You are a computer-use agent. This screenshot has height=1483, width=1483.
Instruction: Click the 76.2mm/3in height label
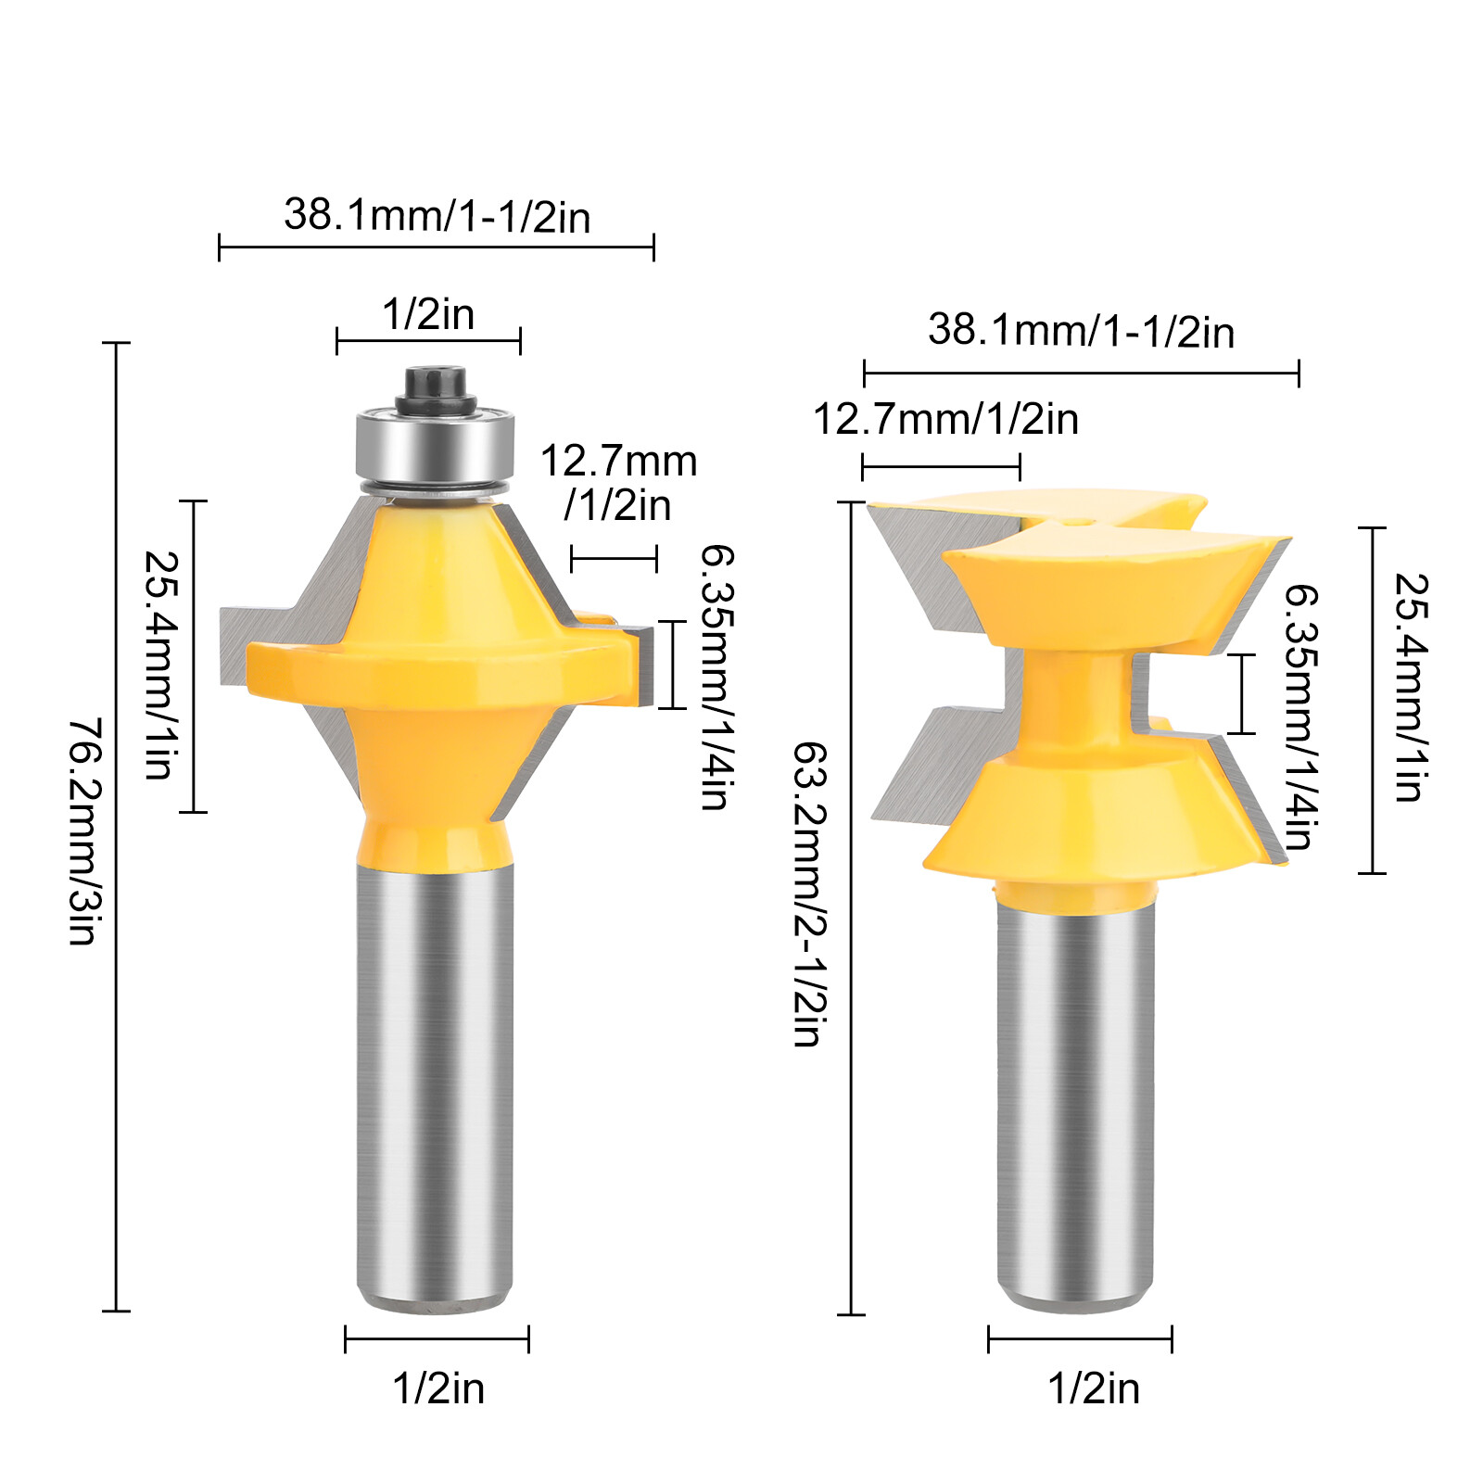click(82, 830)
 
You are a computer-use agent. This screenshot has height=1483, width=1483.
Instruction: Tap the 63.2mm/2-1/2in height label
click(807, 894)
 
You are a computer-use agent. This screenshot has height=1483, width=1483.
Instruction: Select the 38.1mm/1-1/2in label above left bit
click(437, 215)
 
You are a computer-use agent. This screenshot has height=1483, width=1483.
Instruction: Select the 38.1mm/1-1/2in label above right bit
click(1081, 331)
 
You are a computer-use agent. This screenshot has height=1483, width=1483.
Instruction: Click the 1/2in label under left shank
click(437, 1388)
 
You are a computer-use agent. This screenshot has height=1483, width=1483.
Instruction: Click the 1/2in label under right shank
click(1093, 1388)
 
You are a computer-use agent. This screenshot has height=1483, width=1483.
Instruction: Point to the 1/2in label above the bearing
click(428, 314)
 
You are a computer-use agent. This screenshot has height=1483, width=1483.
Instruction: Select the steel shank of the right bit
click(1075, 1094)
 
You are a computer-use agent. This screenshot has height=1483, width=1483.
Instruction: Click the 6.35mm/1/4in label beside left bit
click(716, 677)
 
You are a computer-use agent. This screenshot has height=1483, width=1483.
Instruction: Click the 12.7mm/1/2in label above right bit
click(945, 419)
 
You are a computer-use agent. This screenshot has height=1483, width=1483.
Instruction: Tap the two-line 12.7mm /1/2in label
click(618, 483)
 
